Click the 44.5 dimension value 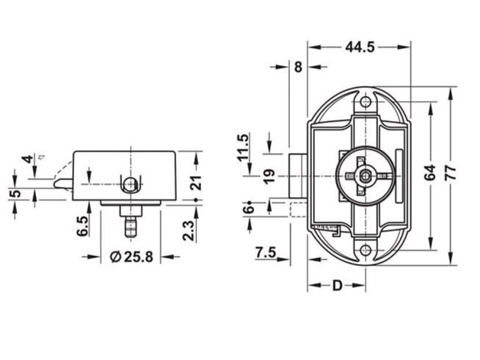click(360, 47)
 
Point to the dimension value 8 click(297, 67)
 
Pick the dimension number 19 click(269, 177)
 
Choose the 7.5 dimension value click(265, 253)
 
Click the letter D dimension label click(337, 284)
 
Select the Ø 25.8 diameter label click(131, 257)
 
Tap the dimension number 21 click(195, 183)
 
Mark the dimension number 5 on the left click(15, 194)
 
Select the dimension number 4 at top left click(26, 159)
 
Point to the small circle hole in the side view click(130, 184)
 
